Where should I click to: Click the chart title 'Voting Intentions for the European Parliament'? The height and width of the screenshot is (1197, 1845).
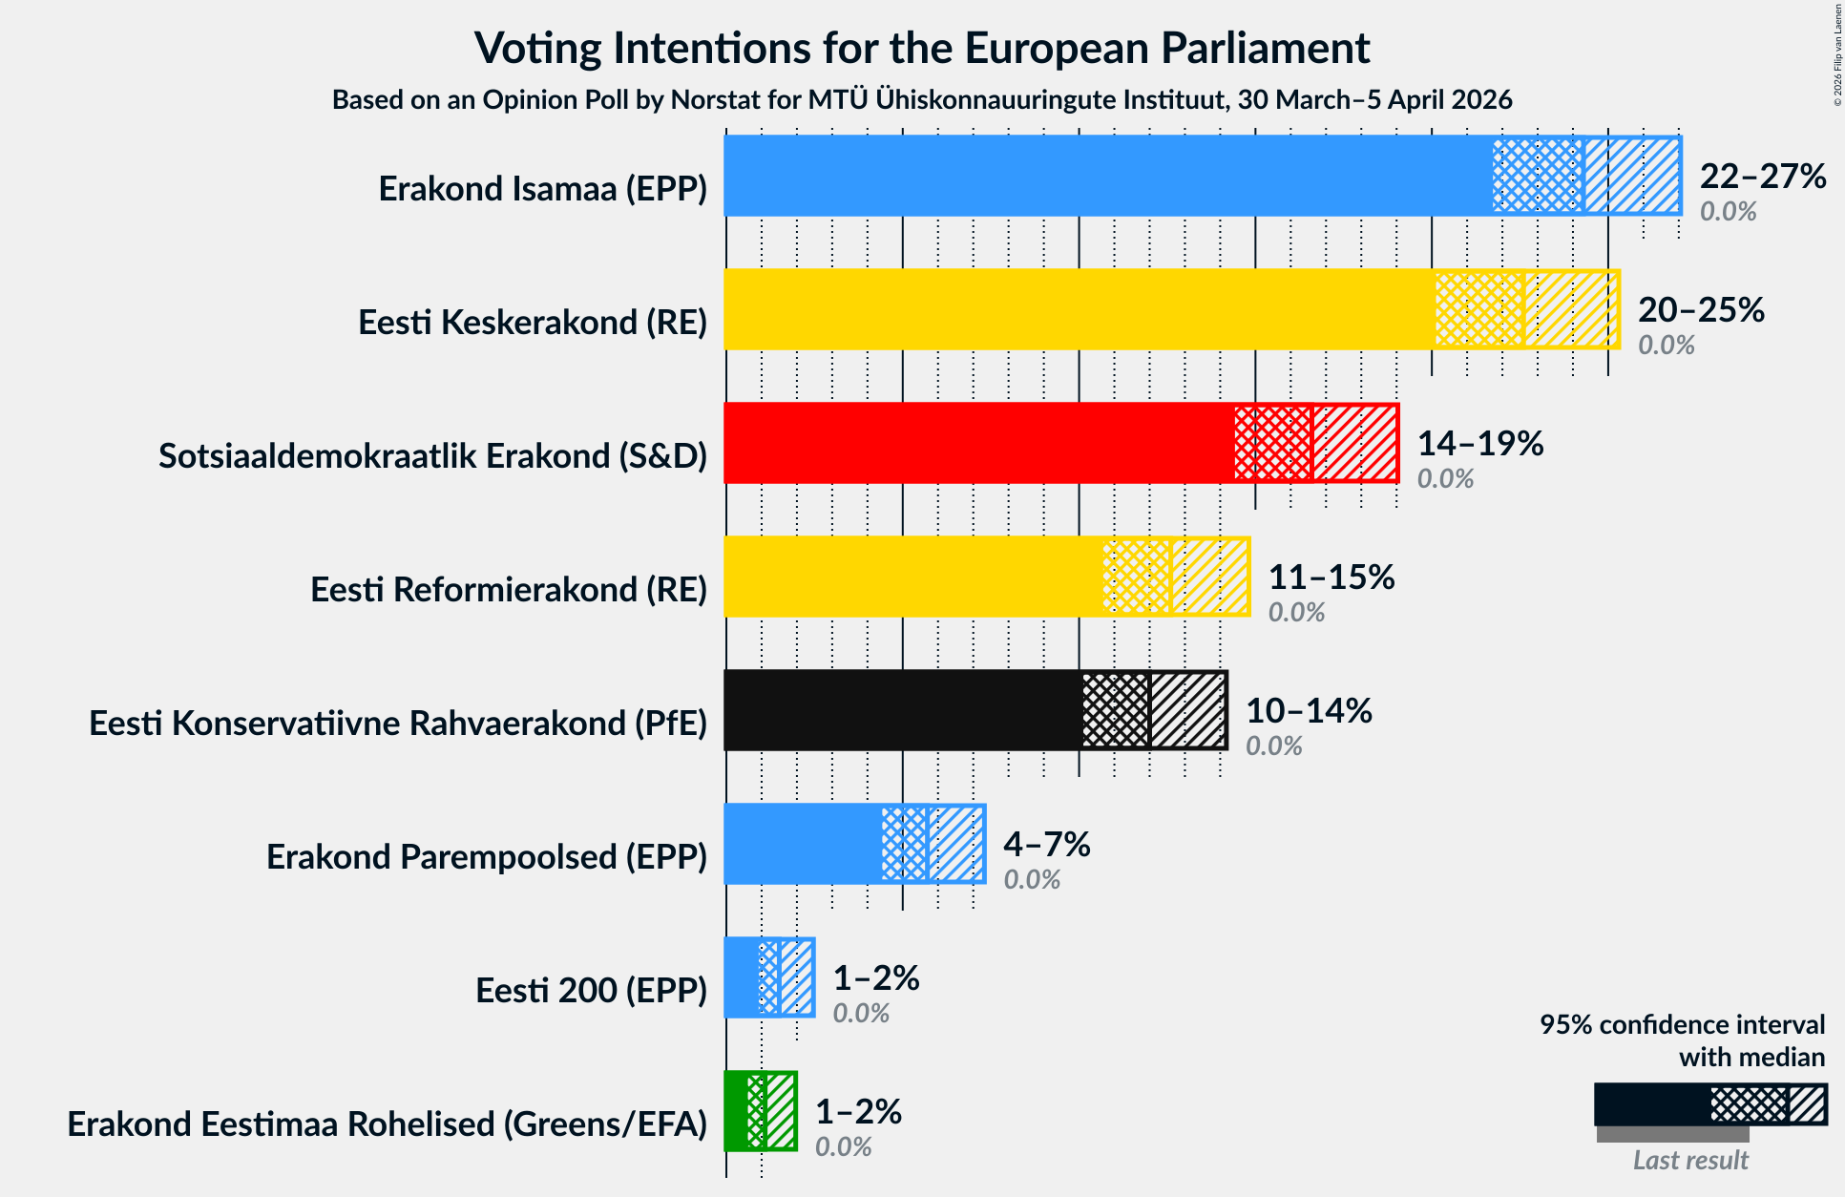(922, 48)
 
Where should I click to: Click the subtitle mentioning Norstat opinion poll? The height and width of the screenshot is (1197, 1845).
(922, 100)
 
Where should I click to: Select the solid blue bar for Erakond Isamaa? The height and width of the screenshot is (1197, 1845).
(1107, 176)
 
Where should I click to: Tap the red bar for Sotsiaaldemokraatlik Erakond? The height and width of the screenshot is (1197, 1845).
(978, 443)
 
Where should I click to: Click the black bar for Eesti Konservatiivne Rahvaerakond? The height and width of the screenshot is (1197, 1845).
(902, 710)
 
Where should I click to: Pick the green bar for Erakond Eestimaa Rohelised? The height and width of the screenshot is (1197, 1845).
(736, 1111)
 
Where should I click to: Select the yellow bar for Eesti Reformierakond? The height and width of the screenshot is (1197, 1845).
(912, 577)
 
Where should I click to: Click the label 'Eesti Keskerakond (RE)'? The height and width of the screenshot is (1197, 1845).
(533, 323)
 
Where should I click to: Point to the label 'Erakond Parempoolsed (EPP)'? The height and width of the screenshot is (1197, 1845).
(487, 857)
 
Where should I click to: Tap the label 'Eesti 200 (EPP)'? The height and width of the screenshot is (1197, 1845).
(591, 991)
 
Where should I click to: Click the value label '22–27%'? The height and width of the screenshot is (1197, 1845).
(1762, 177)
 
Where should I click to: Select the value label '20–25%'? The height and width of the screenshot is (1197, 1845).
(1701, 310)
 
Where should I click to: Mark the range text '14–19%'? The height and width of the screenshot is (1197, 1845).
(1479, 444)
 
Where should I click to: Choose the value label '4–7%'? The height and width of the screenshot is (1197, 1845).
(1046, 845)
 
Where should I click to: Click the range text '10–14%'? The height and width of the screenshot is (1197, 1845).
(1309, 711)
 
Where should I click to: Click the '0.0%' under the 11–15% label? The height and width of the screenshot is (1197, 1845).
(1295, 613)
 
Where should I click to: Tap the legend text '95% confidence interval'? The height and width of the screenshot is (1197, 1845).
(1682, 1024)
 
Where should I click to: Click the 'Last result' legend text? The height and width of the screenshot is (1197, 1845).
(1689, 1160)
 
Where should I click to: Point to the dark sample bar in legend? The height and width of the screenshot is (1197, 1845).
(1651, 1104)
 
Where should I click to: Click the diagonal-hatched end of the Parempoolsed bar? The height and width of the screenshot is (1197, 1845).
(955, 844)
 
